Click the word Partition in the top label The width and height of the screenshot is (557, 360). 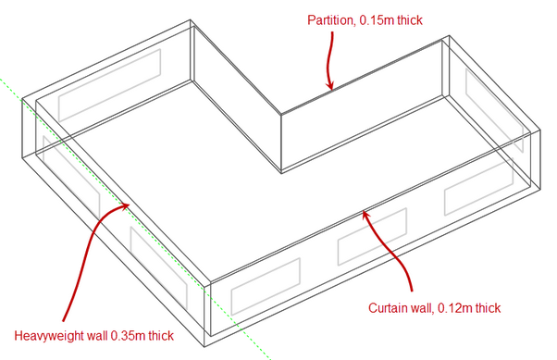coord(330,20)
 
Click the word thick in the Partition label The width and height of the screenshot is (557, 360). coord(410,20)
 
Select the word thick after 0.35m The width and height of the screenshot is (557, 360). coord(161,336)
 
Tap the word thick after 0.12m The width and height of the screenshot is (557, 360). coord(489,308)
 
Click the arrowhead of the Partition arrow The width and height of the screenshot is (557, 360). coord(330,86)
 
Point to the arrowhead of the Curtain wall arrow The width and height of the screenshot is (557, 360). coord(365,215)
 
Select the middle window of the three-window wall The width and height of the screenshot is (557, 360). coord(372,237)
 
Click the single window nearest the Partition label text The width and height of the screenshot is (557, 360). coord(109,85)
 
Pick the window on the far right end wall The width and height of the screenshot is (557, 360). coord(494,110)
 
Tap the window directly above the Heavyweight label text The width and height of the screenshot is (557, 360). coord(159,268)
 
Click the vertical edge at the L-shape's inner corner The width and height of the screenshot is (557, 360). coord(281,143)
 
